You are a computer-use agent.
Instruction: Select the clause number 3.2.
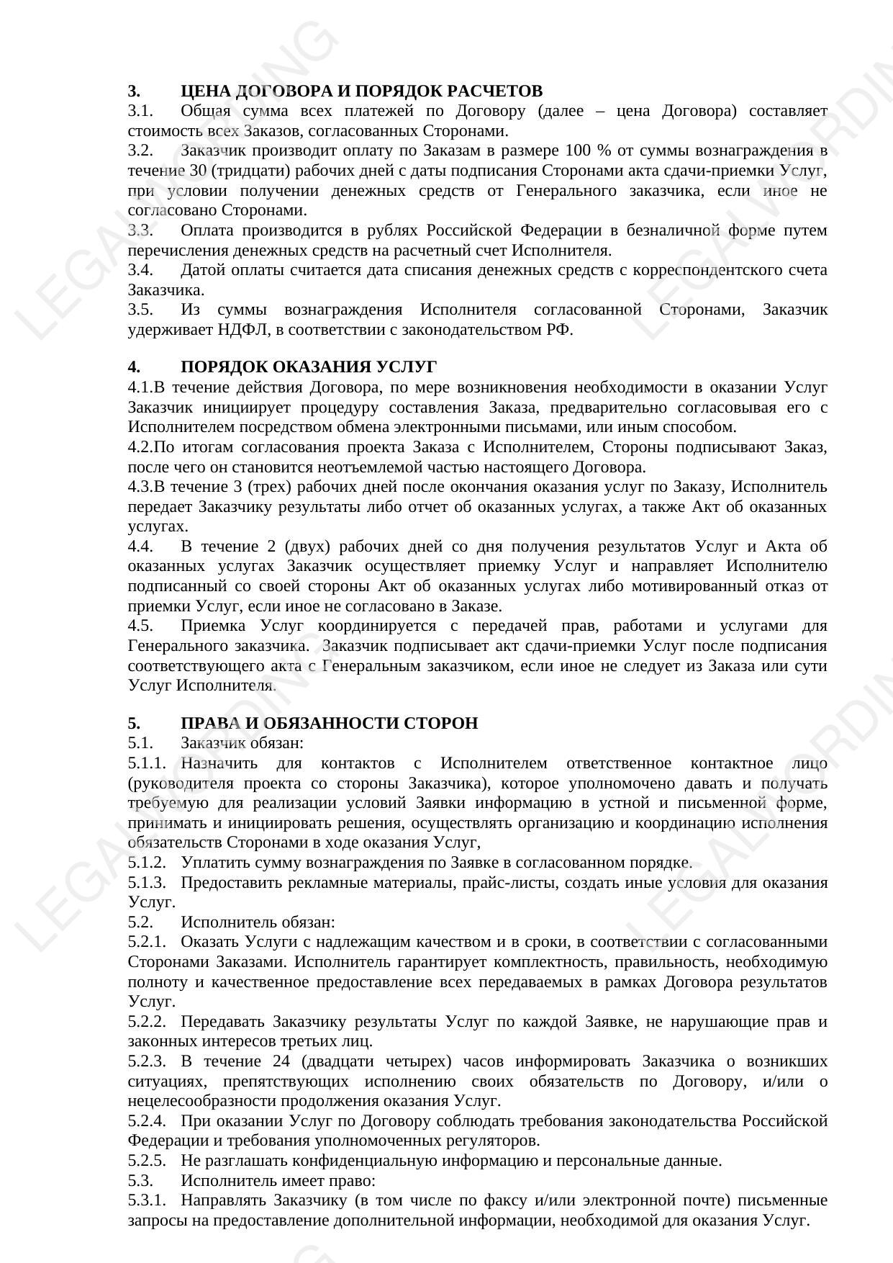[140, 150]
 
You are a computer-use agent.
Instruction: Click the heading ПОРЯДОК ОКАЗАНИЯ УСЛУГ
[309, 367]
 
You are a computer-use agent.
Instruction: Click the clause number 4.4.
[140, 547]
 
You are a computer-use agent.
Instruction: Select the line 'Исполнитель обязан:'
[258, 922]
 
